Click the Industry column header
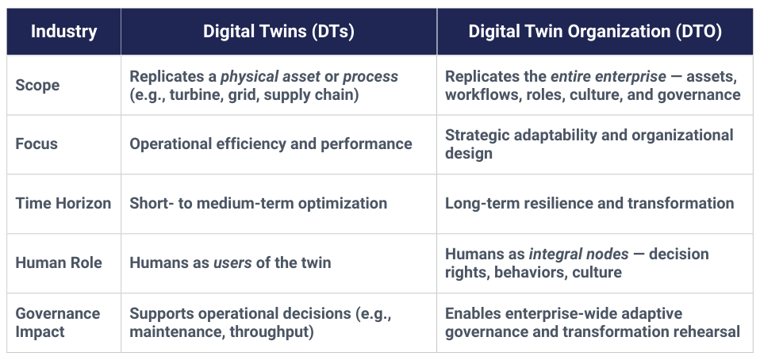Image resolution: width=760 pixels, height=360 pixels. [x=63, y=32]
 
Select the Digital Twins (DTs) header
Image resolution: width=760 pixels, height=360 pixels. [x=278, y=32]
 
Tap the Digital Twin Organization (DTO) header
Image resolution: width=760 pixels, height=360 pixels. [x=594, y=32]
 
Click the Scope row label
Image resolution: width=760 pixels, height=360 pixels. [x=37, y=86]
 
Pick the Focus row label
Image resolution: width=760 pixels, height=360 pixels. [x=36, y=144]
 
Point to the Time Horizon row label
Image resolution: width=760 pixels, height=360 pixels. [x=63, y=203]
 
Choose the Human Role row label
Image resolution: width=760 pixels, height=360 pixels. [x=59, y=262]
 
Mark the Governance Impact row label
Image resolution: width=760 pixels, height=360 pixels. [x=57, y=323]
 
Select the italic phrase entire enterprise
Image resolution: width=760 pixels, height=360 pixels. [x=608, y=77]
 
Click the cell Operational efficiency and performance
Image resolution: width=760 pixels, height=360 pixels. [x=271, y=144]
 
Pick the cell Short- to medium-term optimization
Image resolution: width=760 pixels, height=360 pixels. [x=258, y=203]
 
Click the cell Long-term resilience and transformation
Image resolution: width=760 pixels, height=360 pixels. [x=589, y=203]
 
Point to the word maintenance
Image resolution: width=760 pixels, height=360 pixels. [x=175, y=332]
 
